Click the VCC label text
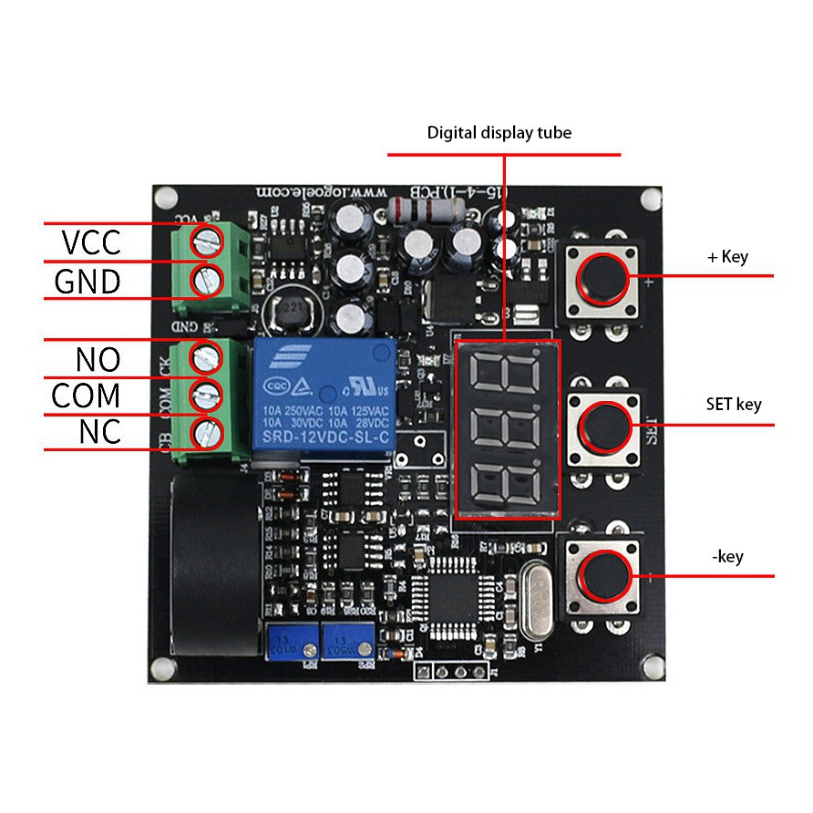[91, 243]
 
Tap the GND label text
[87, 282]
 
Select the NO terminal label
[98, 359]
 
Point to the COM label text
[86, 396]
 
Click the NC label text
[99, 432]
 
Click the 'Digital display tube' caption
[499, 133]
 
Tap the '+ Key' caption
[727, 257]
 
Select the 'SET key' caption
[733, 404]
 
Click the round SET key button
[604, 424]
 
